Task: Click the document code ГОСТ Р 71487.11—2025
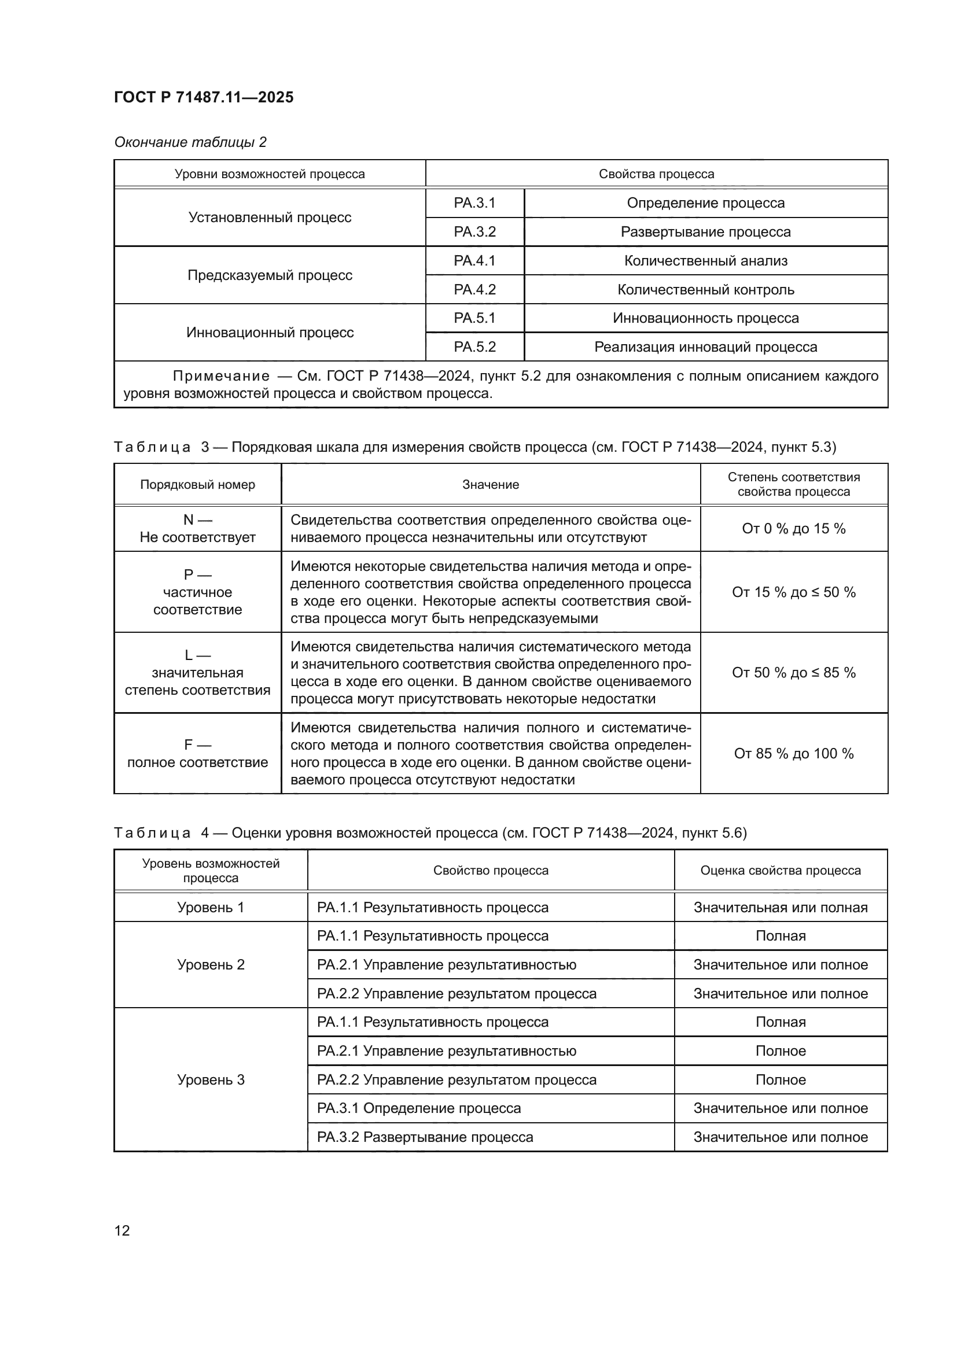[203, 97]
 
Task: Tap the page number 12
[122, 1230]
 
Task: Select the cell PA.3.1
[474, 202]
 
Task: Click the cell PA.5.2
[474, 346]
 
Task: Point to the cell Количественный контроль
[705, 289]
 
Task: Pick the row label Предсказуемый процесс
[270, 275]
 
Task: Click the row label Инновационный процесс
[270, 333]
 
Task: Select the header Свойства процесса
[656, 174]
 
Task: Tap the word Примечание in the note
[221, 376]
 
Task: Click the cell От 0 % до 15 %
[793, 529]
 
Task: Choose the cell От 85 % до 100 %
[793, 753]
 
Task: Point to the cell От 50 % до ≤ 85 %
[793, 672]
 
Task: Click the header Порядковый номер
[197, 484]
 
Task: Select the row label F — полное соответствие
[197, 753]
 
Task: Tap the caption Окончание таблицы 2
[190, 142]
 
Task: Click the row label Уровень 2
[211, 965]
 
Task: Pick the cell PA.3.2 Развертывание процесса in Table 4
[425, 1137]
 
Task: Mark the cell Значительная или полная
[780, 908]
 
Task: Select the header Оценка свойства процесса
[780, 871]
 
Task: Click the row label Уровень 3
[211, 1079]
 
